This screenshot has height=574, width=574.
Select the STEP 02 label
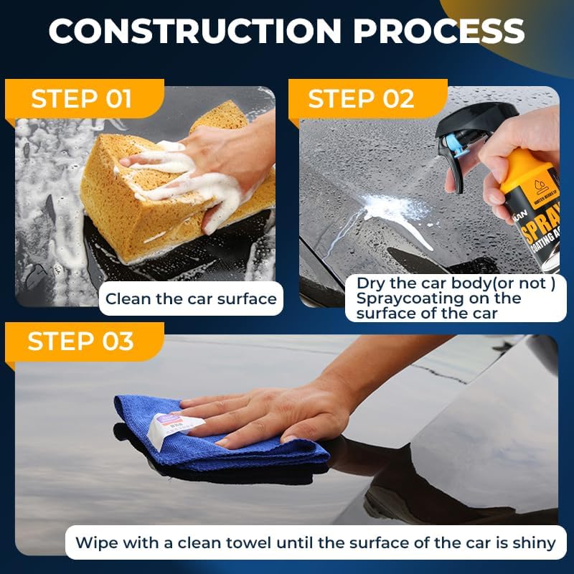click(x=361, y=99)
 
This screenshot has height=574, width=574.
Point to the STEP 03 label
click(x=80, y=342)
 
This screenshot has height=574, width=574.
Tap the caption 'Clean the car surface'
click(x=191, y=298)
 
